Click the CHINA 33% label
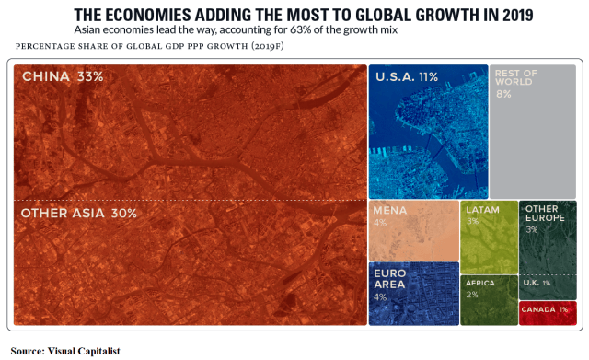coord(62,76)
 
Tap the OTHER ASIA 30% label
coord(78,213)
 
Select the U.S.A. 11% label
coord(406,77)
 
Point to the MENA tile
coord(413,230)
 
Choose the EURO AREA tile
coord(413,294)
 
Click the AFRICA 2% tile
coord(489,299)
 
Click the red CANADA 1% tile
coord(548,311)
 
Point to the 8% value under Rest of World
coord(503,94)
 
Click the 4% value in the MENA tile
coord(380,223)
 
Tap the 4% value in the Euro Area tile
coord(380,296)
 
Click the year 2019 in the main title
coord(515,16)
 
